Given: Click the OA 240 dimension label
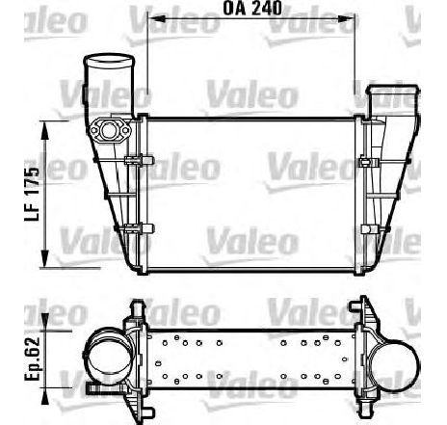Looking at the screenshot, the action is (252, 8).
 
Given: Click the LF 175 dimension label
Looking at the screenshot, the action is (32, 195).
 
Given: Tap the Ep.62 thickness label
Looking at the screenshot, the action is (32, 359).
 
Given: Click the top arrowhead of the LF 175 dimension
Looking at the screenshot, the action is (45, 130).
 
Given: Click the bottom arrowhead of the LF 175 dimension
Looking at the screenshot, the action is (45, 258).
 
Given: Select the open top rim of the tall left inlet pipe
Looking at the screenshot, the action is (109, 60).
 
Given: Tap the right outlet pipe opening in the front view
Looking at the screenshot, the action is (393, 90).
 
